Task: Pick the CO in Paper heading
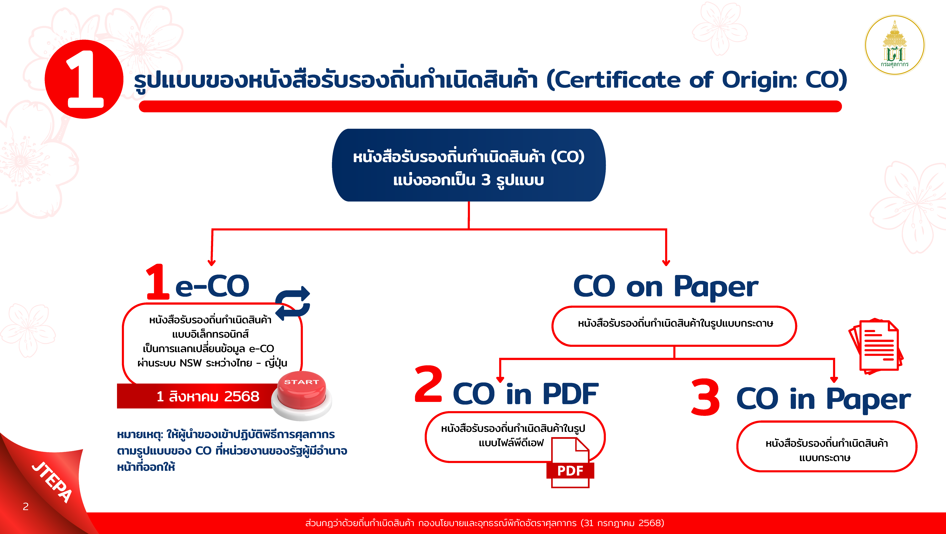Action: [x=824, y=400]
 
